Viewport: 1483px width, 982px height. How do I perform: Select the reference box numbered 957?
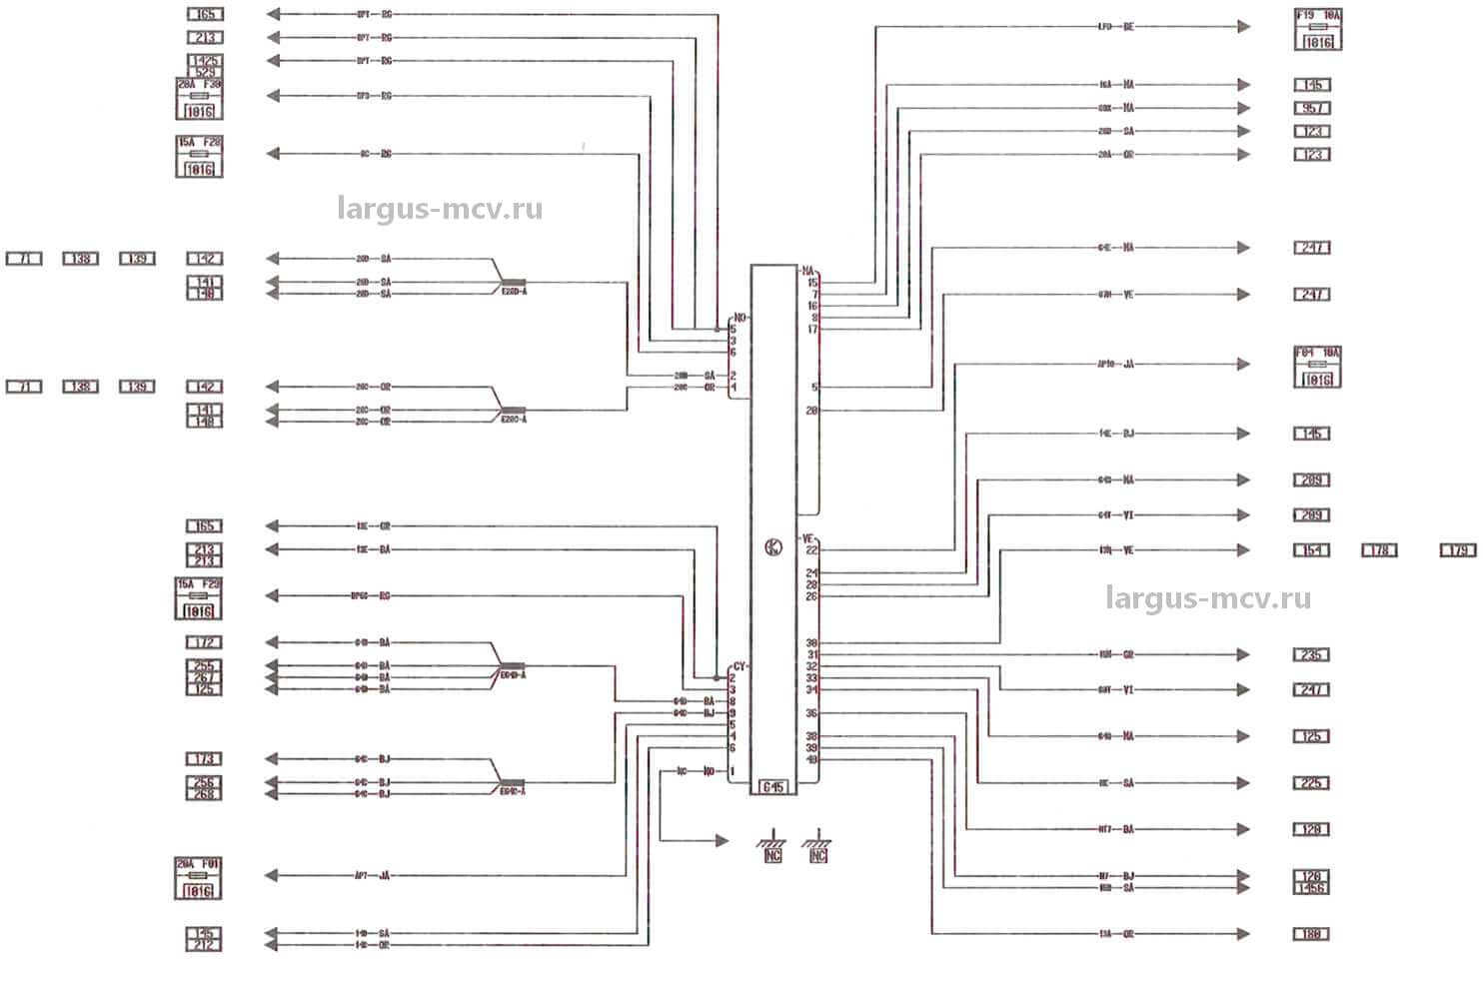1312,108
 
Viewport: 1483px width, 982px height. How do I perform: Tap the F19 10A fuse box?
1317,28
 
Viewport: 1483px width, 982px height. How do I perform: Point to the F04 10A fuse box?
1317,365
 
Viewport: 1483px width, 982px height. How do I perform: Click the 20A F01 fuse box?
199,877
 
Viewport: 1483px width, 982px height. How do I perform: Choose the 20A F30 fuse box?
199,98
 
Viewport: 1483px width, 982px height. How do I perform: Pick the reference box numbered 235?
1312,655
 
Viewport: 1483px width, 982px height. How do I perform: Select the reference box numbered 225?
1312,783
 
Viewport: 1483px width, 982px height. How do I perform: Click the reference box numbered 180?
1312,934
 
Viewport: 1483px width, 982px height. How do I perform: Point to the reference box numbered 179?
1458,550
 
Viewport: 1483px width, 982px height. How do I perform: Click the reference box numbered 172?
204,642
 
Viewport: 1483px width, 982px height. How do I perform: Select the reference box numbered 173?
204,759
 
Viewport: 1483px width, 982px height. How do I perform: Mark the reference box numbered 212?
204,944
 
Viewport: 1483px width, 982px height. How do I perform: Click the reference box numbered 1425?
204,61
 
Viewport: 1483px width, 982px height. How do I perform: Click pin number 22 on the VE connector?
812,550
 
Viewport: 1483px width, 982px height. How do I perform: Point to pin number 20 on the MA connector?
812,411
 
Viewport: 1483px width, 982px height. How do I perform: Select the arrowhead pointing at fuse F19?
1243,28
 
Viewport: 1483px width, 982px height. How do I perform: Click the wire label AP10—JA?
1115,365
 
